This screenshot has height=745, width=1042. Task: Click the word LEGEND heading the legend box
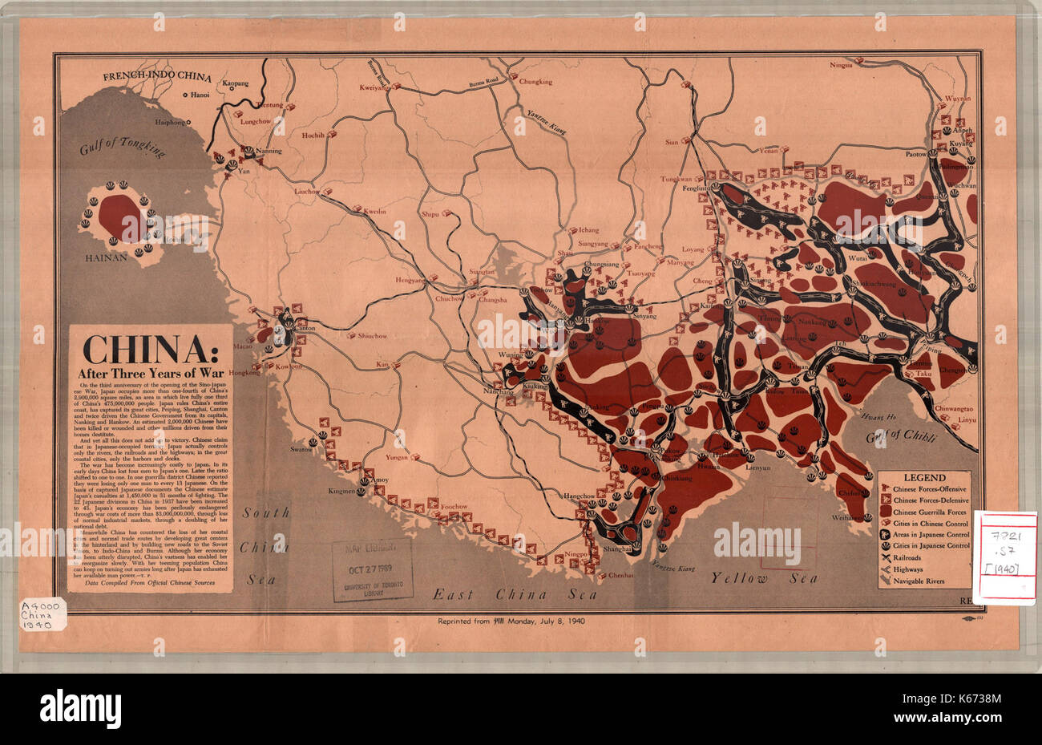[x=924, y=477]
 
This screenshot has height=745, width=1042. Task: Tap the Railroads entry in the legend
[x=922, y=557]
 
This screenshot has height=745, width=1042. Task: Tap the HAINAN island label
[x=106, y=259]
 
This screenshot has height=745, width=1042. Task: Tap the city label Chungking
[x=535, y=82]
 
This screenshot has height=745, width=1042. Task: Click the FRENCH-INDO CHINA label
[x=156, y=77]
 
